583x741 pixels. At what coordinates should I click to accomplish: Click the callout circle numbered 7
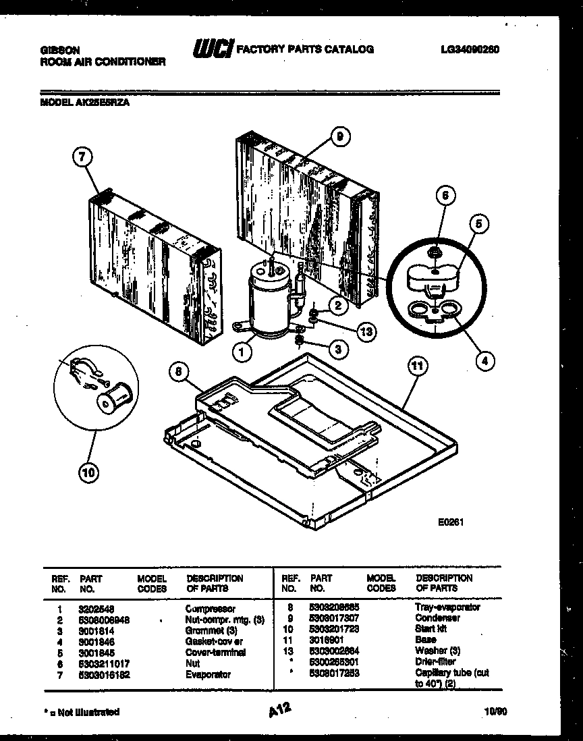(82, 158)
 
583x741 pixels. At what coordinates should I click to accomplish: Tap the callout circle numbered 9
(339, 137)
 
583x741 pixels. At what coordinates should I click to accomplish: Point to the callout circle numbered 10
(88, 473)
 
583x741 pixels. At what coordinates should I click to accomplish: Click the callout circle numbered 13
(366, 331)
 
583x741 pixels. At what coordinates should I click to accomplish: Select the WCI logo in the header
(213, 49)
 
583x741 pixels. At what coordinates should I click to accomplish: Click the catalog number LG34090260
(470, 49)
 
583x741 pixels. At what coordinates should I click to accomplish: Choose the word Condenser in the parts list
(438, 618)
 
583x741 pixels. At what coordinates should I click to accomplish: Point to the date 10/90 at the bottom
(494, 712)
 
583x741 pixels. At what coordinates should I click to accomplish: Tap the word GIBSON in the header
(60, 50)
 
